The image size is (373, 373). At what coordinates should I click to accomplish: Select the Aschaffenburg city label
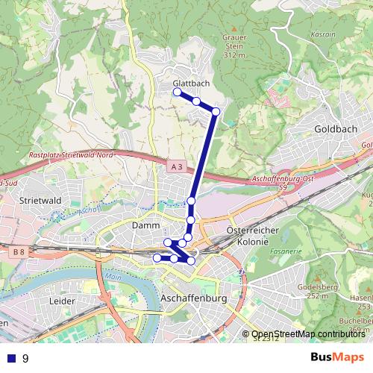tap(192, 298)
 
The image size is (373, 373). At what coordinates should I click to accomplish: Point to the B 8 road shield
tap(18, 253)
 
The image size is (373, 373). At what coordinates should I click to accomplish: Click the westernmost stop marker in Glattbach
tap(178, 92)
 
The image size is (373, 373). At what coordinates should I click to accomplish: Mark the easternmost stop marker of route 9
tap(216, 111)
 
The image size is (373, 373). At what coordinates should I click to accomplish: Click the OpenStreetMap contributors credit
tap(307, 335)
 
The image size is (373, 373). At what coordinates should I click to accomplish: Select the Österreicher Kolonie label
tap(251, 236)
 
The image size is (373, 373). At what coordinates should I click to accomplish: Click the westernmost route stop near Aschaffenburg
tap(157, 257)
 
